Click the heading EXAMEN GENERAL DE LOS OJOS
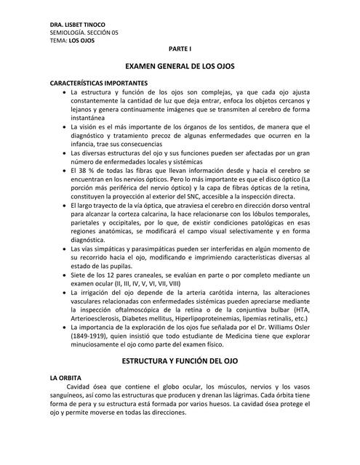[x=180, y=65]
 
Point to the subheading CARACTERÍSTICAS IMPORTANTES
[x=99, y=83]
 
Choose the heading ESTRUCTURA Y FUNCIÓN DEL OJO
[x=180, y=360]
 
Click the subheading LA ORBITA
[x=67, y=379]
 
